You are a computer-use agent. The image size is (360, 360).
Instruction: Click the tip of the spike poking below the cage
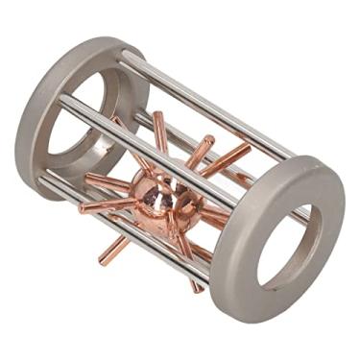point(102,261)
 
